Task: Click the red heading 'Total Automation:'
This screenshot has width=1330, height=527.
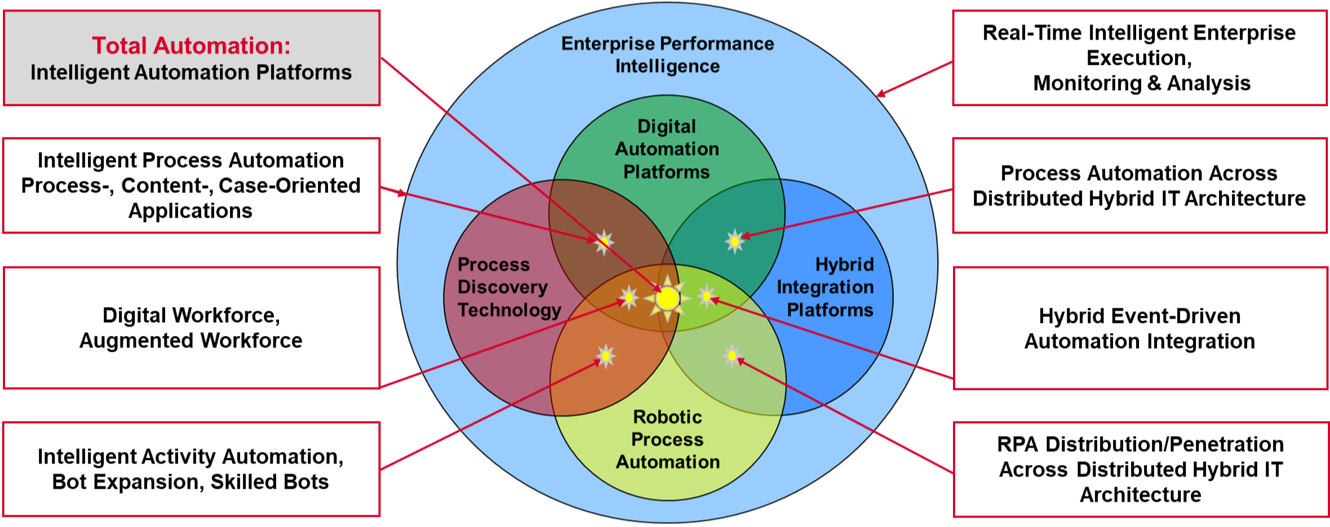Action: (x=191, y=45)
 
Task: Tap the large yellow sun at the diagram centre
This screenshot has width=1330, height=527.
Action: (x=668, y=298)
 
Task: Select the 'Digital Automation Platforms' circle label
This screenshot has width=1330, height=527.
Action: (x=667, y=149)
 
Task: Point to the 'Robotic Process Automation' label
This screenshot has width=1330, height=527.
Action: (x=668, y=439)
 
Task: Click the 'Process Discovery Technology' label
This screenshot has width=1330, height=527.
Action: (x=509, y=287)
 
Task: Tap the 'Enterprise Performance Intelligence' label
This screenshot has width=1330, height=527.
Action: (x=668, y=55)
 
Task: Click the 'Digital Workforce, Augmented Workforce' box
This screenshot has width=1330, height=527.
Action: (x=191, y=328)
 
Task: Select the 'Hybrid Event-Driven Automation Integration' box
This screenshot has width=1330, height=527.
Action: (x=1140, y=328)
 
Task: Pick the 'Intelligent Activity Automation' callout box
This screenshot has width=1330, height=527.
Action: (x=191, y=469)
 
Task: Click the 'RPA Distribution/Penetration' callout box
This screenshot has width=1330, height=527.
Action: (x=1140, y=469)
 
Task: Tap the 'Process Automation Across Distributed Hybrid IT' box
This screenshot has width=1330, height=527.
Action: (x=1139, y=185)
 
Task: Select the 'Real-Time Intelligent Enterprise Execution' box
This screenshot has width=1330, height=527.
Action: (x=1139, y=58)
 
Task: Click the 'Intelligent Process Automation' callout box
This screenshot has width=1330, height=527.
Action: (x=191, y=185)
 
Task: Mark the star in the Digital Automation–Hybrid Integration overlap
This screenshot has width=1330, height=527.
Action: (x=735, y=241)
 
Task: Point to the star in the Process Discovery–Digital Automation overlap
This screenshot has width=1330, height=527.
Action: (x=604, y=242)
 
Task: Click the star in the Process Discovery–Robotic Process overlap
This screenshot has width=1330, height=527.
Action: (x=606, y=355)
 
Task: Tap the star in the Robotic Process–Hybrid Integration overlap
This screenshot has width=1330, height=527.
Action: (x=732, y=355)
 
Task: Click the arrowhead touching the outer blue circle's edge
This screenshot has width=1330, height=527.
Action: (x=880, y=94)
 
